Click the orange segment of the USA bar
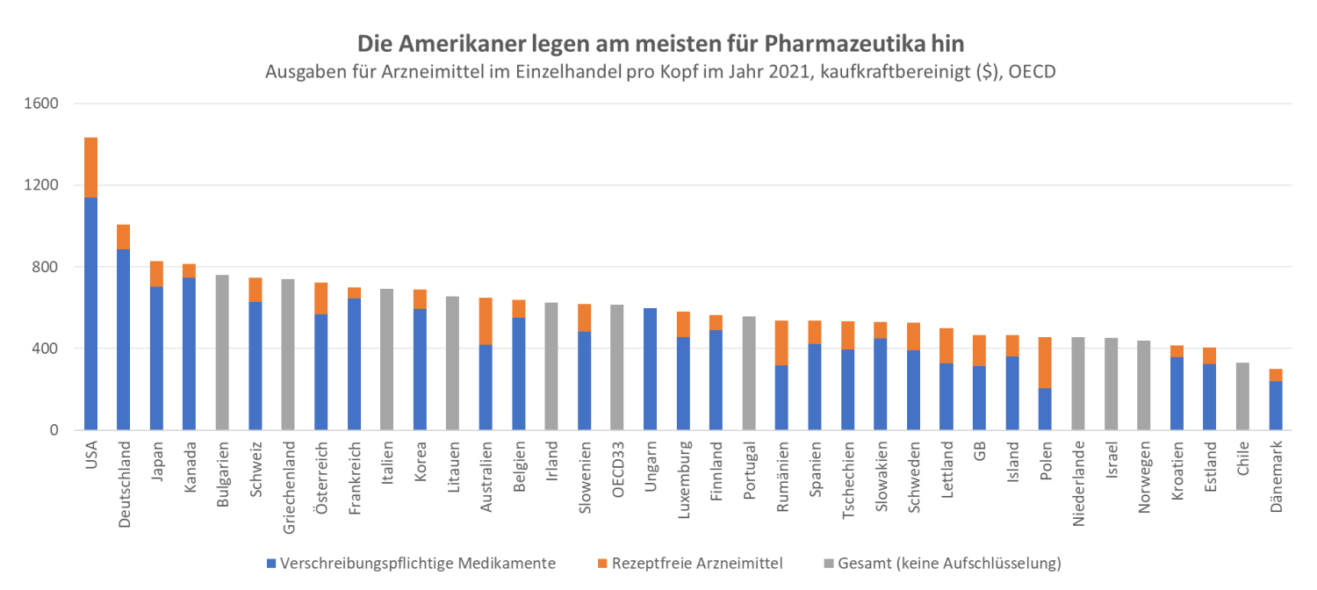click(x=90, y=168)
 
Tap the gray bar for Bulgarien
click(x=222, y=352)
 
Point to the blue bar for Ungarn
click(x=650, y=369)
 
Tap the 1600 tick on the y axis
click(x=40, y=104)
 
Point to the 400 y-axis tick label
click(x=45, y=349)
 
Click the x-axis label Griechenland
click(x=289, y=482)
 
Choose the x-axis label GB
click(x=979, y=450)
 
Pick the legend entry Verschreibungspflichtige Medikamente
click(x=418, y=563)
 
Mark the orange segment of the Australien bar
click(x=486, y=320)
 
